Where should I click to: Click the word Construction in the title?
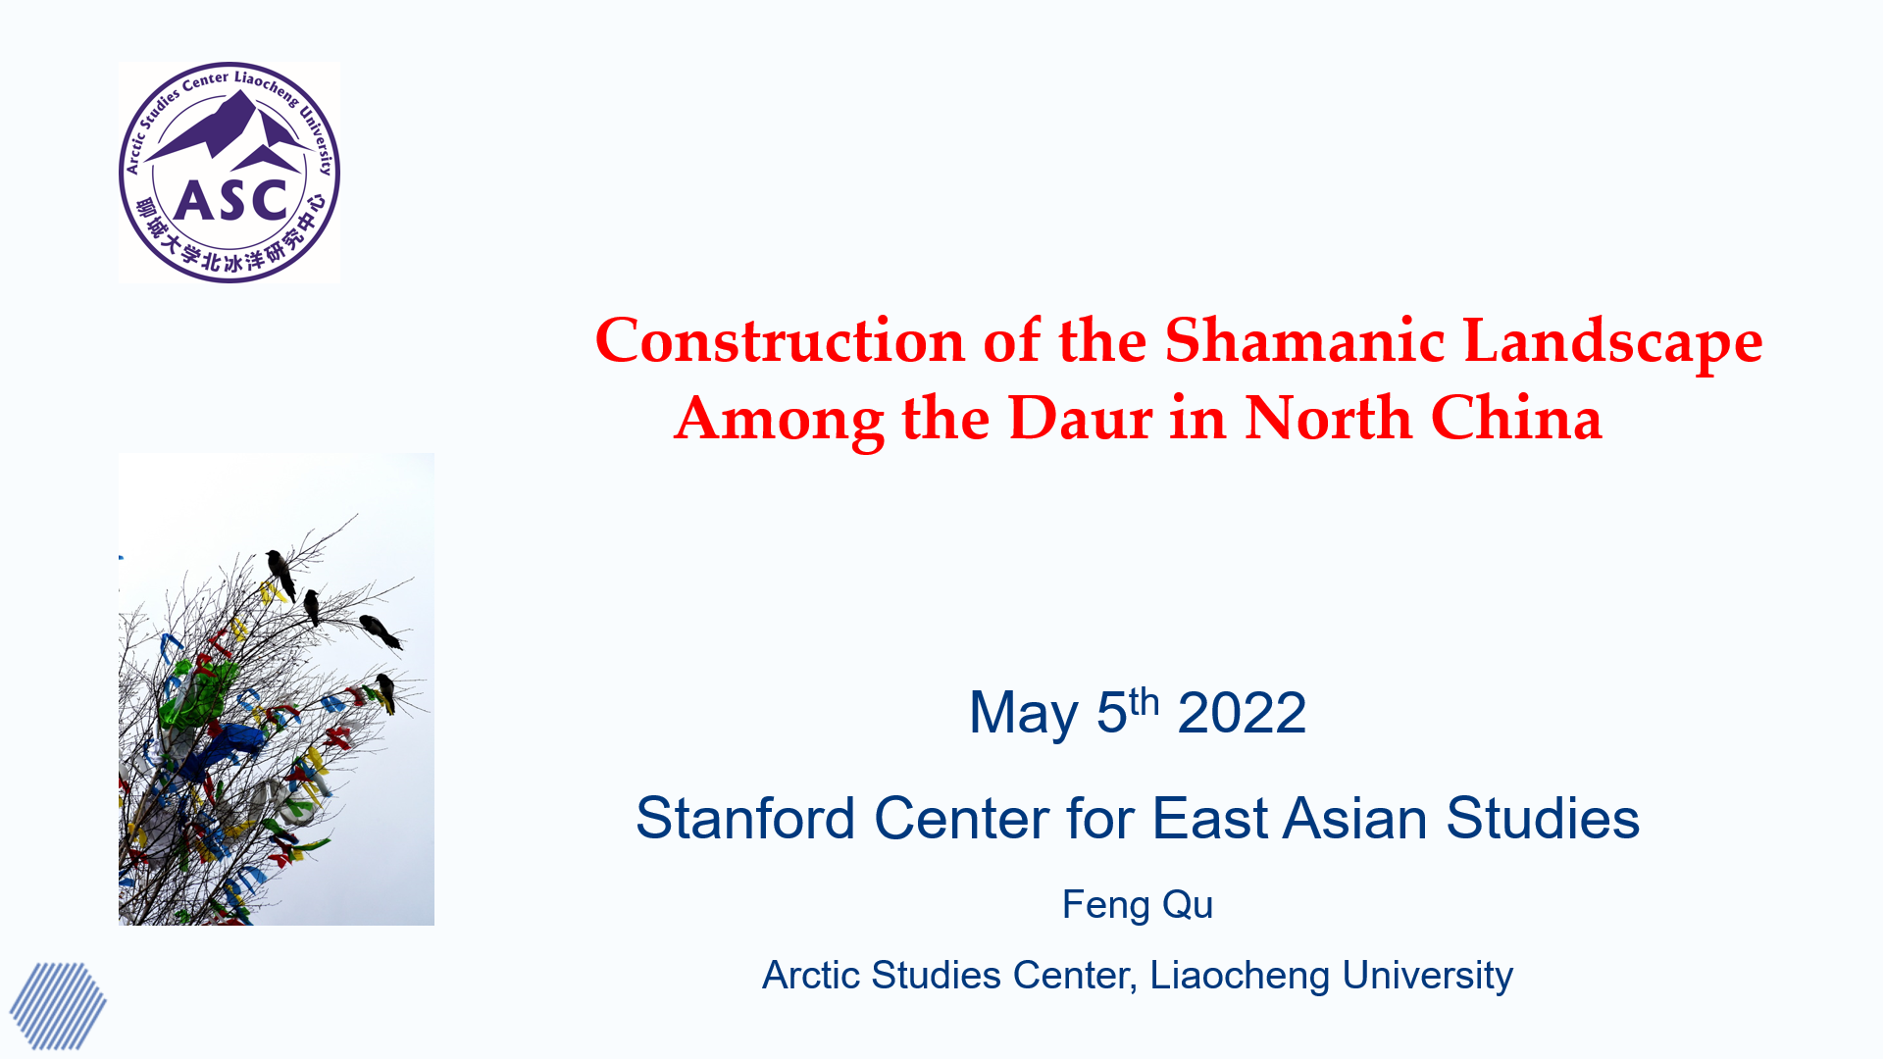781,341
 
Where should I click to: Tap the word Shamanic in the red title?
1304,341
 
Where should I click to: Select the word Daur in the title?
1080,419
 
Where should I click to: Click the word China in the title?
1516,419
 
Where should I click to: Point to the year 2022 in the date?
1242,713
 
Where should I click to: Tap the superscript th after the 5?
1145,702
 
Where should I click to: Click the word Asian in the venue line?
1354,819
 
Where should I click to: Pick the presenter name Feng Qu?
1138,905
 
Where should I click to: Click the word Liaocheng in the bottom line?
1240,977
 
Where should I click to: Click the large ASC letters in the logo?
230,201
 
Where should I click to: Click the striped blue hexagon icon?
58,1006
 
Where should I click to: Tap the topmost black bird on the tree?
280,574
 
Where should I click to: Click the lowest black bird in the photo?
386,691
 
